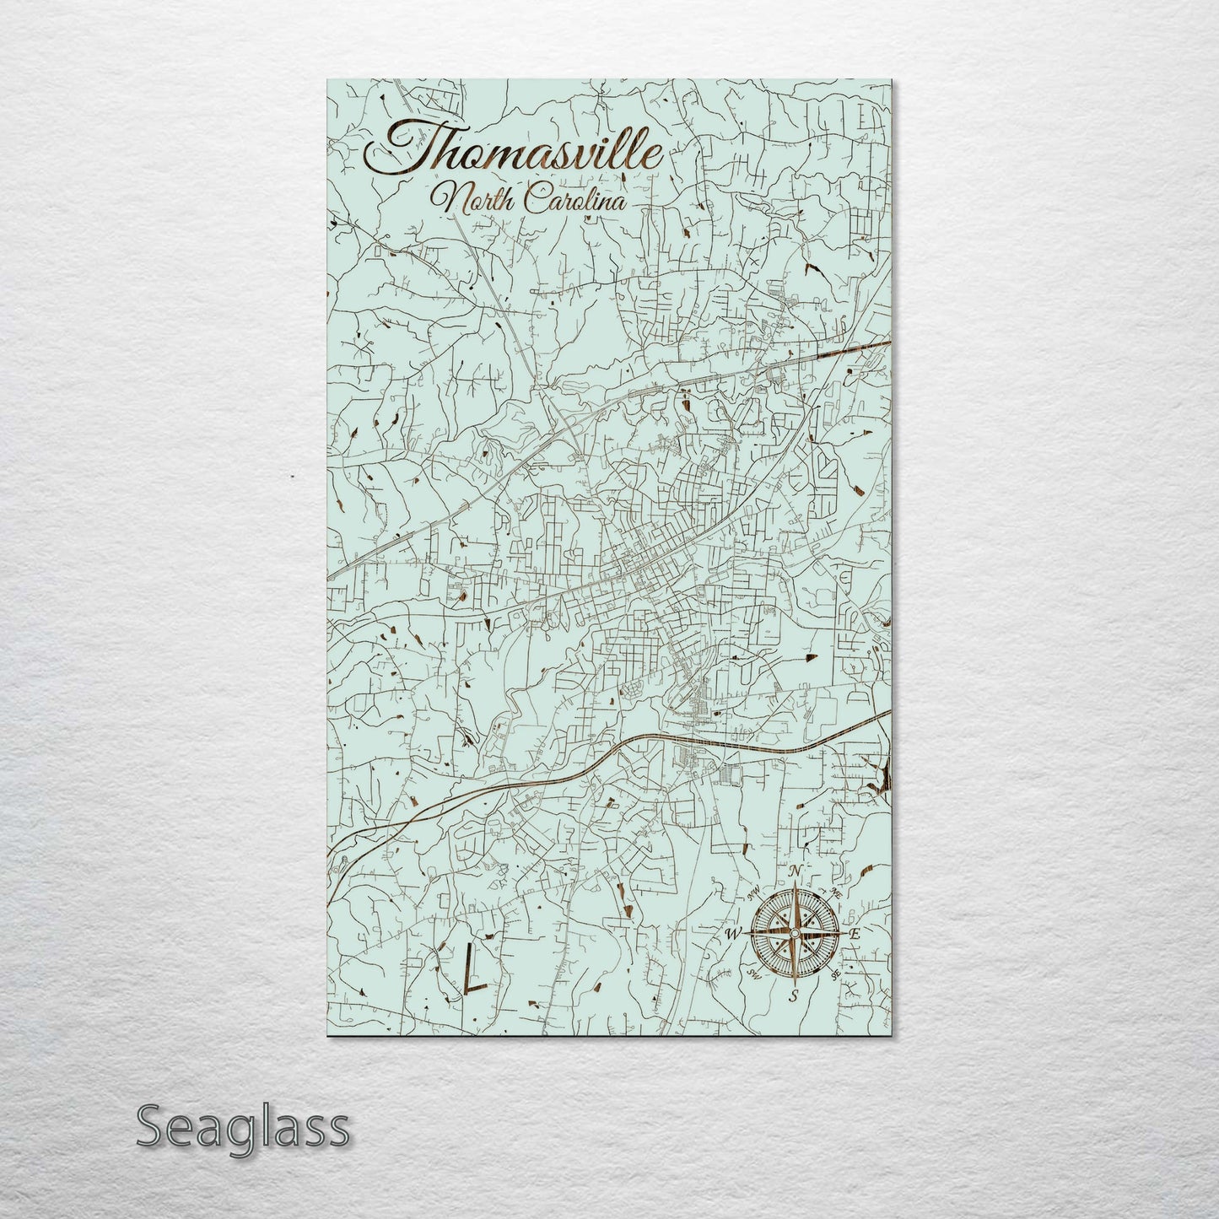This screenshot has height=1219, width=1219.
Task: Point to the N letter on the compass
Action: (x=793, y=871)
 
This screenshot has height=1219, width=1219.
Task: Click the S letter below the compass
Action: (x=793, y=995)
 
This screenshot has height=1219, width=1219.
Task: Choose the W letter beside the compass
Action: (x=731, y=933)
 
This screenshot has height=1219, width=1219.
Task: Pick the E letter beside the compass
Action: (x=854, y=934)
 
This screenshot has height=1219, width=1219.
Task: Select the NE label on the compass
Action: (x=836, y=892)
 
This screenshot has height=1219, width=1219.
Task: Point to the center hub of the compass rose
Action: (x=793, y=933)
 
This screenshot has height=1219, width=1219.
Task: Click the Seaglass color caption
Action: (x=242, y=1128)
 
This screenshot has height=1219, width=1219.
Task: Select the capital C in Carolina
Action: (x=533, y=201)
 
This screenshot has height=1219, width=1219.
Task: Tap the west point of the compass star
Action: (x=747, y=933)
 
